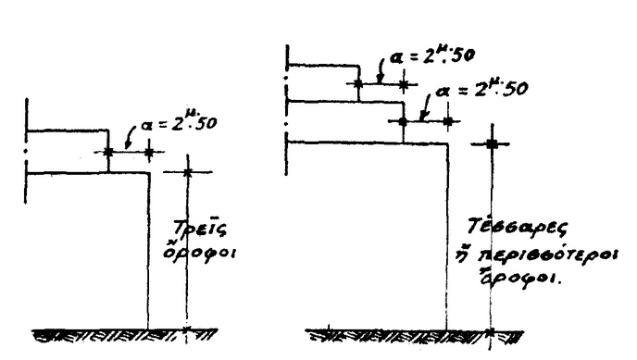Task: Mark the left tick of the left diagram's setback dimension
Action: [108, 152]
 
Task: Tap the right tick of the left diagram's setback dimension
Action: [149, 152]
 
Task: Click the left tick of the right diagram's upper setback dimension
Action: [358, 83]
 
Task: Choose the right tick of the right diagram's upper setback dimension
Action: [403, 83]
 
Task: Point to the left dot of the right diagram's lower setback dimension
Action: [403, 121]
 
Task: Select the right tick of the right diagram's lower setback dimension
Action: [448, 121]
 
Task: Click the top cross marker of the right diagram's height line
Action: [492, 143]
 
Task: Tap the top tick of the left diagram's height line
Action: [187, 172]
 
